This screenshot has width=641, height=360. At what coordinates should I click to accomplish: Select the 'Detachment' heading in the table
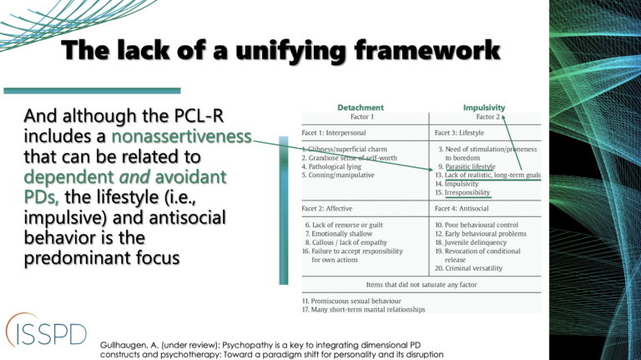point(361,108)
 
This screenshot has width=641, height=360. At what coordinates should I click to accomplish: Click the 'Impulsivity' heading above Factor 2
point(486,108)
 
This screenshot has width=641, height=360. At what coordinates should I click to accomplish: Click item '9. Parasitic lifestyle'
point(466,166)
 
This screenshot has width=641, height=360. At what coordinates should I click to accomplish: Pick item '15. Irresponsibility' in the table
point(462,193)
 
